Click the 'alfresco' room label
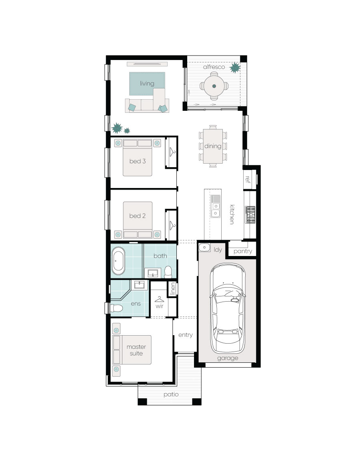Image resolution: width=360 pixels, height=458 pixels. (x=214, y=67)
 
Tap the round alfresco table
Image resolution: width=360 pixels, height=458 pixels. (x=214, y=86)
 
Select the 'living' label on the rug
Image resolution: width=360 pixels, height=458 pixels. (x=147, y=84)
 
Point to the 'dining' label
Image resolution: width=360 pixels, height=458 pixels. (x=213, y=146)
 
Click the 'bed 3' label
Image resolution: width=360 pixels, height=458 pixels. (x=137, y=161)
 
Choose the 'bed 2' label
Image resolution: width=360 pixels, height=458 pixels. (x=137, y=216)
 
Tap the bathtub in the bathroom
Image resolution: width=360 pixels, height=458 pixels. (x=118, y=261)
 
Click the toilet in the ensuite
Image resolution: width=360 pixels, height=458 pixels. (x=116, y=308)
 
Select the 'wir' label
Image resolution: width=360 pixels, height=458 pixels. (x=159, y=306)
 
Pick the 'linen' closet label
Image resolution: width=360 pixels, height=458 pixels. (x=173, y=288)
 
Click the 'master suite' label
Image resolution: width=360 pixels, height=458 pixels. (x=136, y=350)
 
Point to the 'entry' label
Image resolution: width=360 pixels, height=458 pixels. (x=186, y=335)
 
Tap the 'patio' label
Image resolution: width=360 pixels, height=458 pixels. (x=171, y=395)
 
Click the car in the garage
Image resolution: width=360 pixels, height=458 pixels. (x=228, y=308)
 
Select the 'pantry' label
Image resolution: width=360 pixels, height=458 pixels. (x=242, y=251)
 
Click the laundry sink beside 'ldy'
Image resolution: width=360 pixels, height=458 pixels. (x=204, y=248)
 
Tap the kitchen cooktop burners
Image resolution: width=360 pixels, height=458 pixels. (x=250, y=215)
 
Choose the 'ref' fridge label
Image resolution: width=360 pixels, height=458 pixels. (x=248, y=179)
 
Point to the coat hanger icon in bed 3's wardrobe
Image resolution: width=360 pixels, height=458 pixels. (x=172, y=151)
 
